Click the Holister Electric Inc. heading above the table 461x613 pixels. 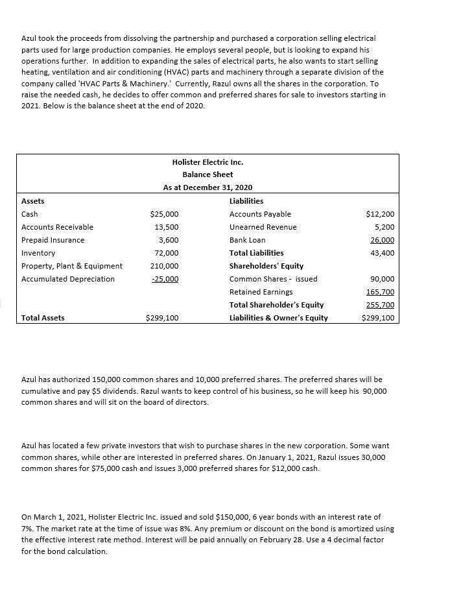click(x=207, y=162)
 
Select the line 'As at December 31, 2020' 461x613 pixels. click(x=207, y=187)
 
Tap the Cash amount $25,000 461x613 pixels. click(x=164, y=214)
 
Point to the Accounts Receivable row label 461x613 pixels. click(x=57, y=227)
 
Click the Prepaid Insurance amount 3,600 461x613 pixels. click(x=168, y=240)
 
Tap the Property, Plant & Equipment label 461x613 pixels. click(x=71, y=266)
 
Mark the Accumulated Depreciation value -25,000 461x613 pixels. click(x=164, y=279)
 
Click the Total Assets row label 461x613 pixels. click(x=43, y=318)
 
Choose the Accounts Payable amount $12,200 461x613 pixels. click(x=380, y=214)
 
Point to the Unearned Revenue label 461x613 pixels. click(x=263, y=227)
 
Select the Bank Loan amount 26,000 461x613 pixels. click(x=382, y=240)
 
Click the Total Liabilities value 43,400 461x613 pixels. click(x=382, y=253)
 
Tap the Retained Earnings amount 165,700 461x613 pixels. click(x=380, y=292)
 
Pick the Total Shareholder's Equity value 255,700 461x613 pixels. click(x=380, y=305)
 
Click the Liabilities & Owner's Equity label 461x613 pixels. click(x=278, y=318)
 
